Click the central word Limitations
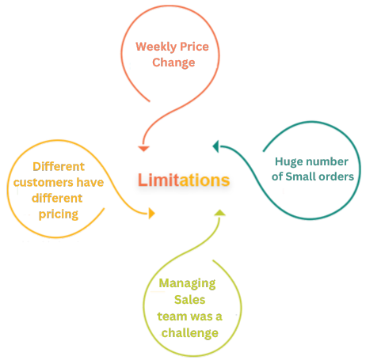click(x=183, y=180)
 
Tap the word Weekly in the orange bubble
click(x=154, y=47)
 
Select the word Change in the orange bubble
click(x=173, y=63)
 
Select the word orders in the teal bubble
click(x=334, y=176)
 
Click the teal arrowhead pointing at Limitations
click(x=216, y=145)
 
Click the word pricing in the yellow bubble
click(x=56, y=214)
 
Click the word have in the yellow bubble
click(x=89, y=183)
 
